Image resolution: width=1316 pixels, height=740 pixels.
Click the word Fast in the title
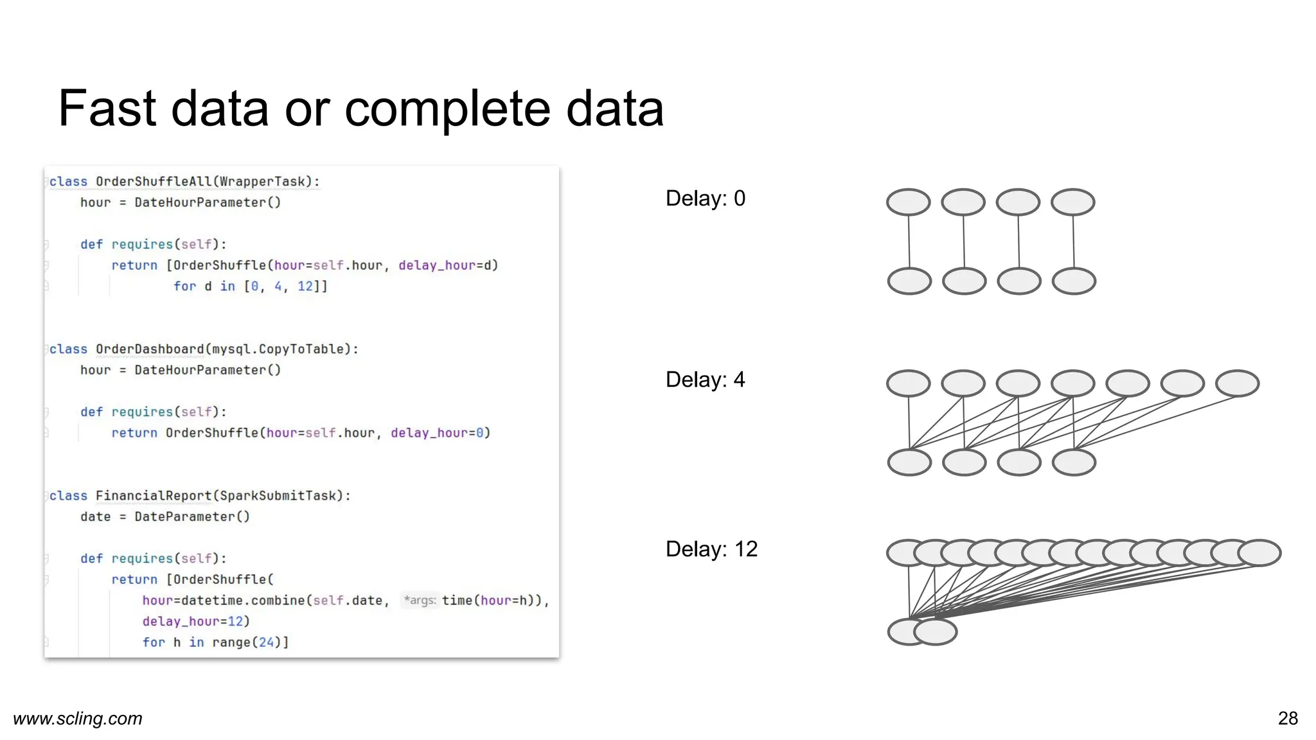point(107,109)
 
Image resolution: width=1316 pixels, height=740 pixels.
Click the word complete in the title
point(447,109)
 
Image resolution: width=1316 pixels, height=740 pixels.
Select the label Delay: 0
point(705,198)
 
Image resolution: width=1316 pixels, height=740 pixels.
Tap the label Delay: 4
point(705,380)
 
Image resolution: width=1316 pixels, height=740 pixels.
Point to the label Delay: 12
point(711,549)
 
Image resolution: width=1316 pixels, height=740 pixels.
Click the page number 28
point(1288,718)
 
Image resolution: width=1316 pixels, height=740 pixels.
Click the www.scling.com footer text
point(78,718)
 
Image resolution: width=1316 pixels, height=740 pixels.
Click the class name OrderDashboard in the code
point(149,349)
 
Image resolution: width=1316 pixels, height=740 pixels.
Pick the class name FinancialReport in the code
point(153,496)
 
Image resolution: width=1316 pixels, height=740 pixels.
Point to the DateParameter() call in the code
point(191,517)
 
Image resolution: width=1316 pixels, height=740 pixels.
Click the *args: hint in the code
point(420,601)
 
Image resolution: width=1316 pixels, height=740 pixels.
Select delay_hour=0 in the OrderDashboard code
point(440,433)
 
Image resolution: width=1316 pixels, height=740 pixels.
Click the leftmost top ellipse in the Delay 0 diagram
point(908,202)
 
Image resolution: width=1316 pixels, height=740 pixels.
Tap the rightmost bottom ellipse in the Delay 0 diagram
point(1074,281)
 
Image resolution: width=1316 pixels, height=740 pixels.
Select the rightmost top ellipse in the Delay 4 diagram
point(1237,383)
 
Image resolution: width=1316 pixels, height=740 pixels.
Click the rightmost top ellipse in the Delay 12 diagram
point(1259,553)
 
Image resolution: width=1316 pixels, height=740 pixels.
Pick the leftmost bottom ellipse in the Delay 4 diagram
point(909,463)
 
